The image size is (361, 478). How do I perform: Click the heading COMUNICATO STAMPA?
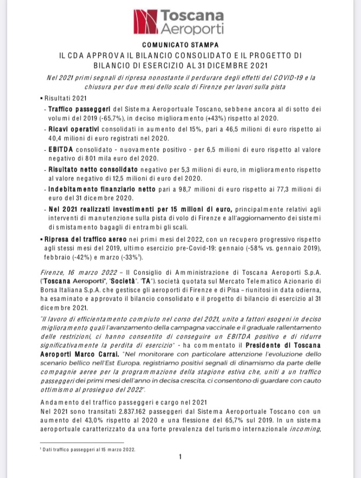[180, 45]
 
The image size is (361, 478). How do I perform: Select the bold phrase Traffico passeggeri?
[71, 108]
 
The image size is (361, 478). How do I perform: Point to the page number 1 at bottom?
[180, 457]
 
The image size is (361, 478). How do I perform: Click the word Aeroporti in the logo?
[192, 29]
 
